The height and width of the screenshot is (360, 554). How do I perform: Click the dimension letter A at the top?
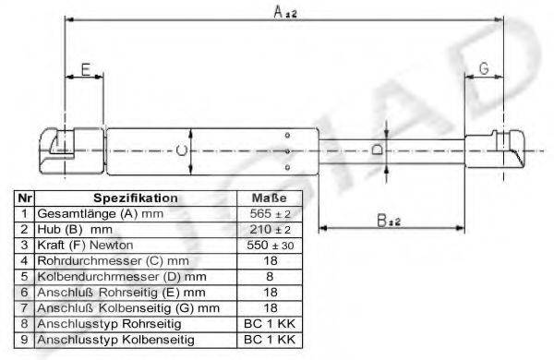(x=279, y=12)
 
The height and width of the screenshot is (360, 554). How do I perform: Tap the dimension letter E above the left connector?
(x=86, y=69)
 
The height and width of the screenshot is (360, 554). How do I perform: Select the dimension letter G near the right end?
(x=484, y=68)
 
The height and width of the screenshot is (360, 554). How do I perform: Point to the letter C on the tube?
(x=182, y=150)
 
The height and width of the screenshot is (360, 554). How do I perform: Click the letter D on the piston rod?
(x=377, y=150)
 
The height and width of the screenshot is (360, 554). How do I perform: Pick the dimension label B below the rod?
(x=382, y=221)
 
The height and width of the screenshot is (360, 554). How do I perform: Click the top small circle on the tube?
(x=287, y=135)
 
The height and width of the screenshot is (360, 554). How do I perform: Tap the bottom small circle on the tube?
(x=287, y=167)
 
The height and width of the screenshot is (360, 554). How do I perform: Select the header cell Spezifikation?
(x=136, y=198)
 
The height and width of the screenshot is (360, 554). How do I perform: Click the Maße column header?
(x=270, y=198)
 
